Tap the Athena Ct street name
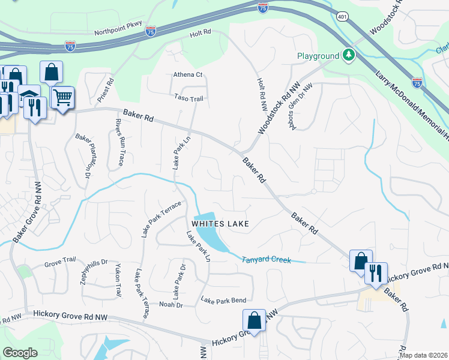tap(188, 75)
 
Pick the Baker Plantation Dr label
tap(82, 155)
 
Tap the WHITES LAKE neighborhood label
tap(220, 224)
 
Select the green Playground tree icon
tap(348, 56)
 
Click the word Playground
tap(318, 56)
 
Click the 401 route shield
tap(342, 16)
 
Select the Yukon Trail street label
tap(118, 280)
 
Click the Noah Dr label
tap(170, 305)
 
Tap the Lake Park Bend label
tap(223, 300)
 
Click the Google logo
tap(20, 353)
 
